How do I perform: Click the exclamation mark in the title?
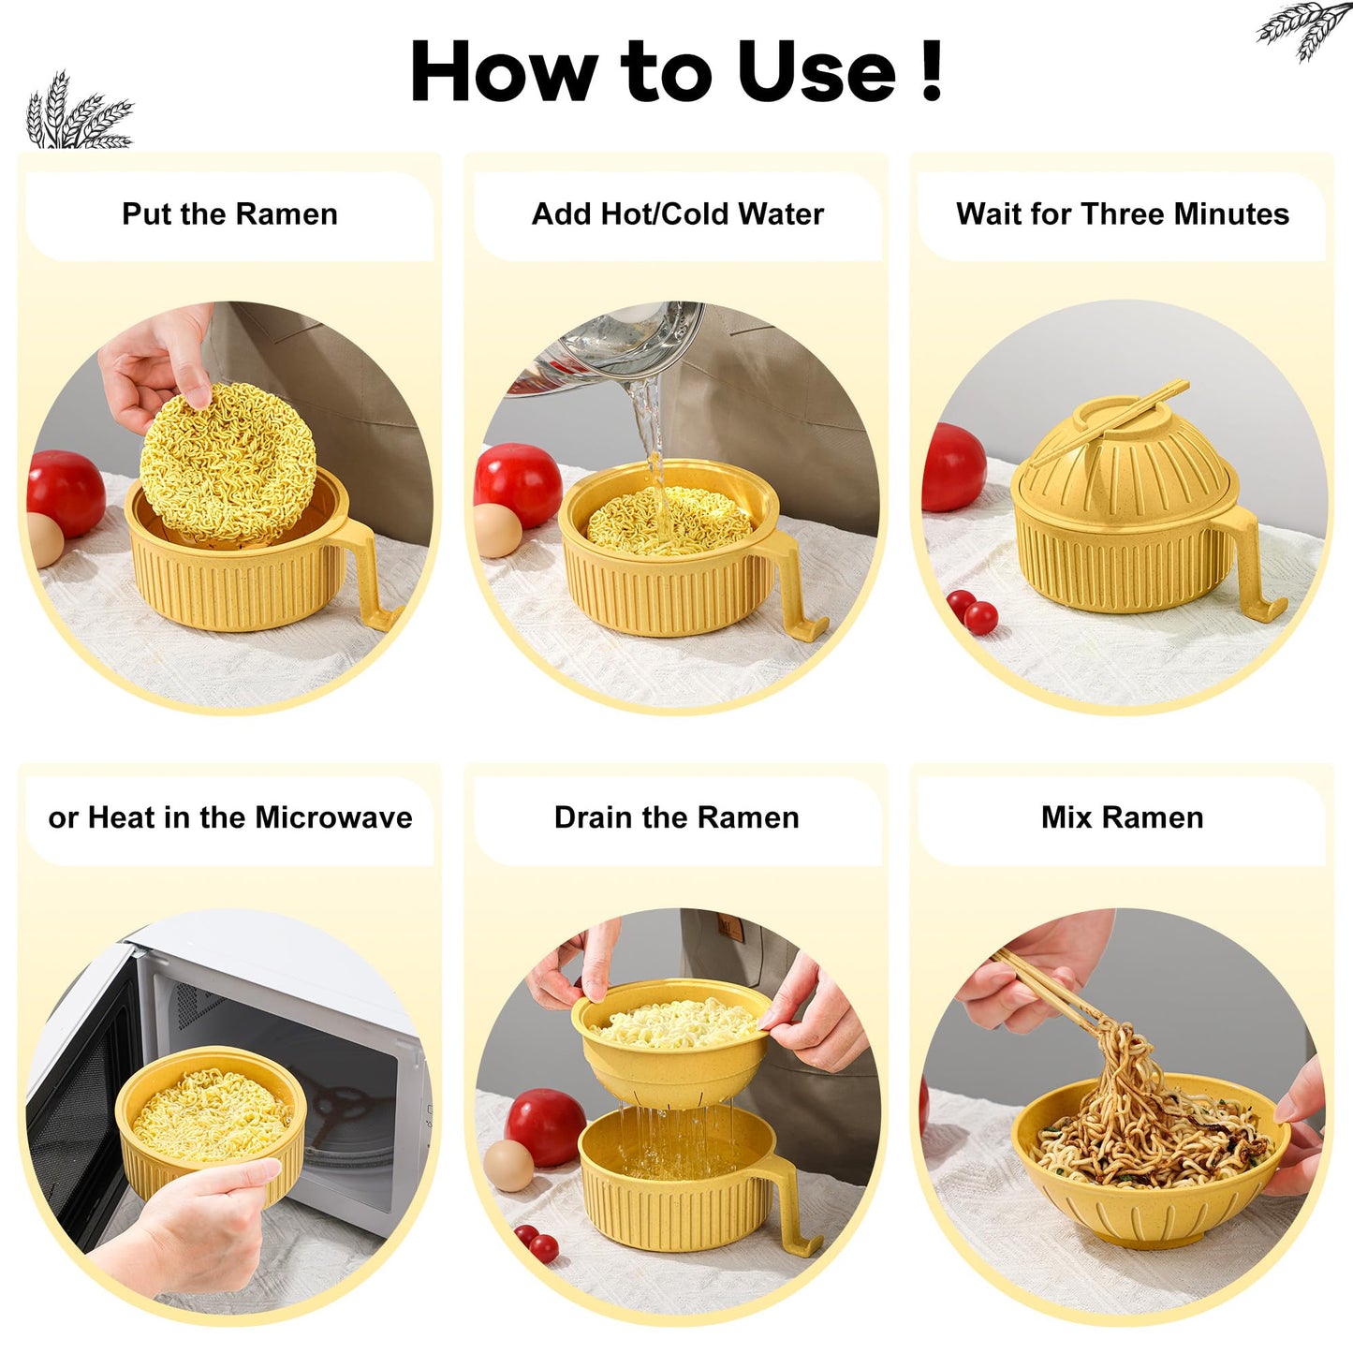click(931, 70)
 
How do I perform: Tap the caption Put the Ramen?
click(229, 214)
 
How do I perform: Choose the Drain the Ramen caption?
click(676, 817)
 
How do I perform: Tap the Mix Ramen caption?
click(1122, 817)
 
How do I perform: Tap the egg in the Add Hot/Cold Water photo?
click(498, 530)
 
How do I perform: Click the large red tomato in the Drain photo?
click(545, 1127)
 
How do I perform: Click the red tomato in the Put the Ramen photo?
click(66, 493)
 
